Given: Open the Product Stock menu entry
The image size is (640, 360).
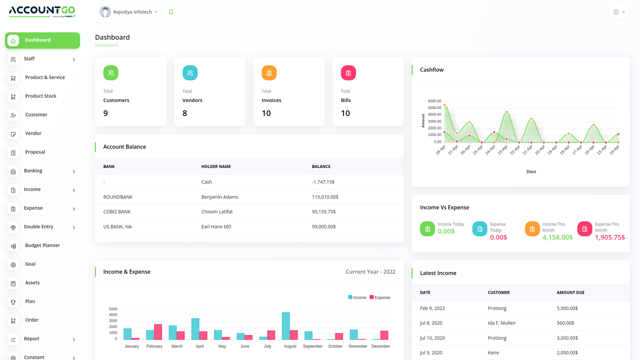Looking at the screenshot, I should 40,96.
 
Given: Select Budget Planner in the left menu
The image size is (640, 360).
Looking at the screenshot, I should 42,245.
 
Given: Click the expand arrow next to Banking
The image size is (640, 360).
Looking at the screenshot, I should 74,172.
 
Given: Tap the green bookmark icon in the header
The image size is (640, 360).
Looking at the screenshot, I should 171,12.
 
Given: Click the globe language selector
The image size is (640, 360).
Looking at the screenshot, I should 619,12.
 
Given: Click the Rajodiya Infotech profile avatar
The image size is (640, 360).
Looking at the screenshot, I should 105,12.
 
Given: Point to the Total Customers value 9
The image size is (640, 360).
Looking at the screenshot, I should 106,113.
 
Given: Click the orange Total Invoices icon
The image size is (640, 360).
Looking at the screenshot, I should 269,73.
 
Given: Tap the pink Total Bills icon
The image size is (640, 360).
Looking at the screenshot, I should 348,73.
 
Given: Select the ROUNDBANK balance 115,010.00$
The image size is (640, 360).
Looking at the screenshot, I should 325,197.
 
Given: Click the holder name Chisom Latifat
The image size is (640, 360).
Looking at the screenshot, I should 217,212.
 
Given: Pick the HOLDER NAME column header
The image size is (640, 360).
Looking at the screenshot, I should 216,166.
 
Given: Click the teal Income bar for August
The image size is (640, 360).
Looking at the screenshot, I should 286,326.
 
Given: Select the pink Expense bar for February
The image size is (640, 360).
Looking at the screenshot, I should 158,332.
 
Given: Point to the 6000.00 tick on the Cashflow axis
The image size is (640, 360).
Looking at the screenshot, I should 434,101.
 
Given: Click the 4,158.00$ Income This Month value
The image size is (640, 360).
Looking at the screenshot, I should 557,237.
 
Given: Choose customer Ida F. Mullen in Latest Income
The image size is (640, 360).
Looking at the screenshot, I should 501,323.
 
